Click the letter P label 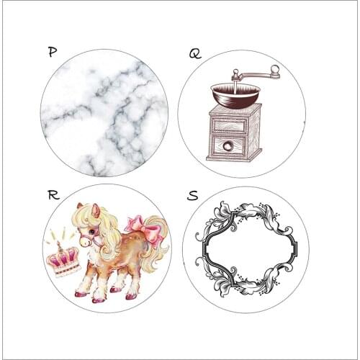[52, 52]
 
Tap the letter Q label [195, 53]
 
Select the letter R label [52, 194]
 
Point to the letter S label [194, 195]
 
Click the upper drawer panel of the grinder [229, 126]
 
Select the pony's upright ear [95, 210]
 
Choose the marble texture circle [104, 112]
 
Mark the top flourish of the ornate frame [246, 212]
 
